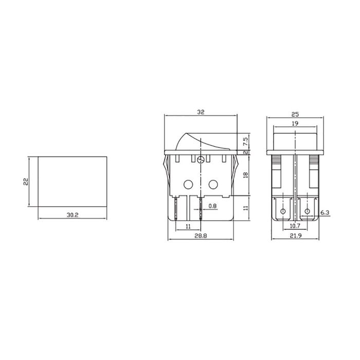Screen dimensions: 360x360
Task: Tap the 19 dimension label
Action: (296, 123)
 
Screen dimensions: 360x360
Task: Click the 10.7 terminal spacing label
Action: (295, 226)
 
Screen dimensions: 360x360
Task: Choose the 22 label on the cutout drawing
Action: (25, 182)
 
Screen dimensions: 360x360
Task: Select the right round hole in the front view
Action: (213, 184)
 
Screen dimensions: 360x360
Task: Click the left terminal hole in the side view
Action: (282, 211)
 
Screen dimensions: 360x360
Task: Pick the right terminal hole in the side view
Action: (308, 211)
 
